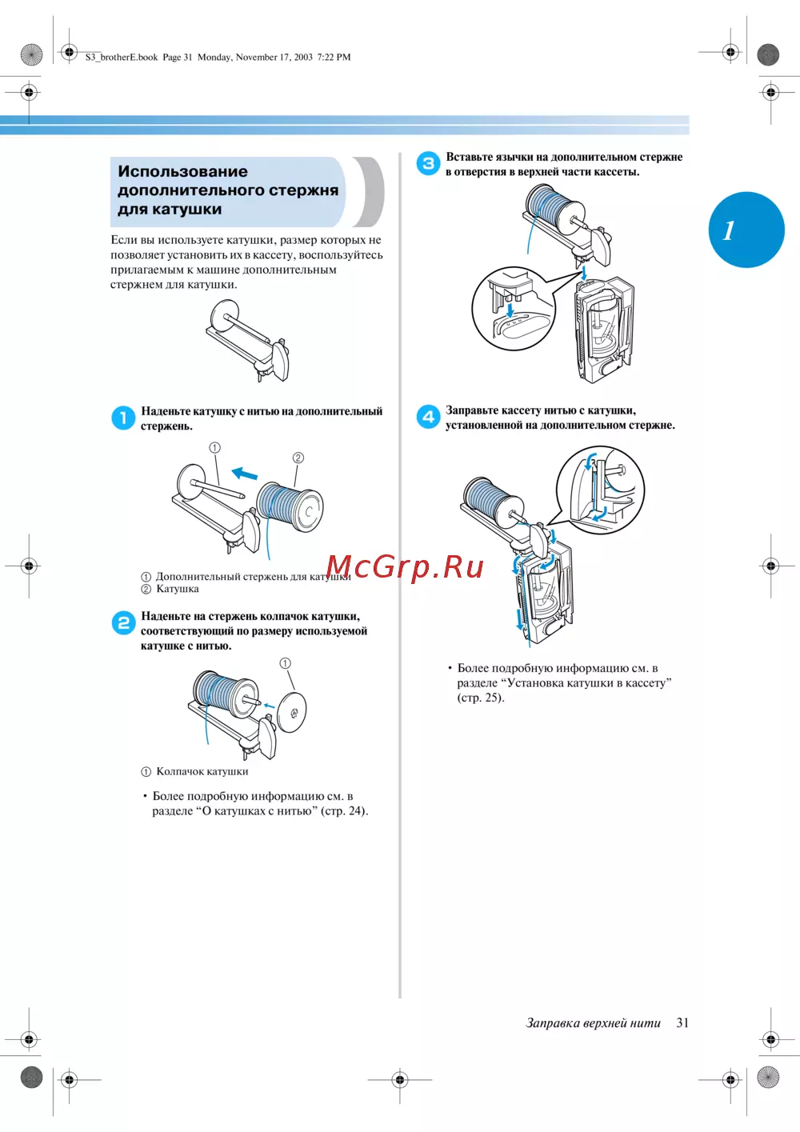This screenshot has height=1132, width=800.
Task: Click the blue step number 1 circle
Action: point(123,418)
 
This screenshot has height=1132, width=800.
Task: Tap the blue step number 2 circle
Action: point(123,622)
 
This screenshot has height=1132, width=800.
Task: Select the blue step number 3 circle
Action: point(428,163)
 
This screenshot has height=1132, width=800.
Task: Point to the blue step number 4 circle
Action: point(428,417)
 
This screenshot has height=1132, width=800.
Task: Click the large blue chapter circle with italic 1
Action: point(746,230)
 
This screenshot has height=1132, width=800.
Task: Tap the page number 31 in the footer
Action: point(682,1022)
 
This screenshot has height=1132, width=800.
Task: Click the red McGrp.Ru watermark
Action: point(405,566)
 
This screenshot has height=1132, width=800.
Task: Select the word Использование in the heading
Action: point(182,171)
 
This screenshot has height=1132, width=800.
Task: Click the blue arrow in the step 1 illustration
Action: point(245,474)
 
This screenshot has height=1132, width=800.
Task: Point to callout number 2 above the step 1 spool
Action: point(298,458)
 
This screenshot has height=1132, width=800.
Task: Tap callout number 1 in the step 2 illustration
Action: point(285,663)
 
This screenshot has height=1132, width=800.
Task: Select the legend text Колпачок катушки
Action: point(202,771)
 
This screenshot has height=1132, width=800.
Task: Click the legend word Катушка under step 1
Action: point(178,589)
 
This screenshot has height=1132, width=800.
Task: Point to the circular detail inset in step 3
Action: point(513,309)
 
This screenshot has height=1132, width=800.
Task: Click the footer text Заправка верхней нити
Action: point(593,1022)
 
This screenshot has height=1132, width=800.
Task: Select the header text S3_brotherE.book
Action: point(122,57)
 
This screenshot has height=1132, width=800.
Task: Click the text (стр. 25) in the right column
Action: point(481,698)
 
